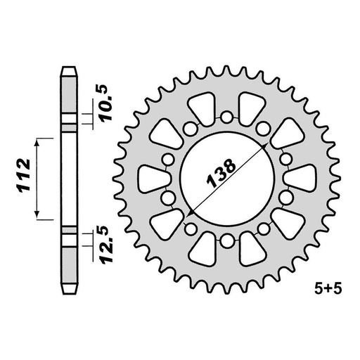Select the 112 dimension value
pos(23,179)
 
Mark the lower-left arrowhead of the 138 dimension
pos(190,213)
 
